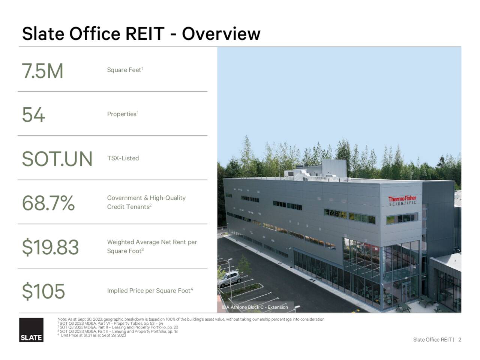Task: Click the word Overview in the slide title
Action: tap(221, 34)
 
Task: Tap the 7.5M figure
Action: tap(42, 71)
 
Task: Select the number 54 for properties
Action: tap(33, 115)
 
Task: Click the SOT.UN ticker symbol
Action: tap(57, 159)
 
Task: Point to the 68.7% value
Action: tap(48, 203)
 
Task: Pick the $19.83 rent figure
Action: tap(50, 247)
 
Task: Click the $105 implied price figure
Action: tap(43, 291)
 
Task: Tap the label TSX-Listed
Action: tap(123, 158)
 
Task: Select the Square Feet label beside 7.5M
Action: tap(124, 70)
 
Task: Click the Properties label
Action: tap(122, 114)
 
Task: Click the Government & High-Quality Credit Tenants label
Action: tap(146, 202)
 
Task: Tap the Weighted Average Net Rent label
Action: tap(152, 246)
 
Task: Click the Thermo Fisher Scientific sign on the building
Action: tap(402, 200)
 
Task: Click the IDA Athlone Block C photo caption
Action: tap(255, 307)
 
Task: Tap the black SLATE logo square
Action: tap(31, 330)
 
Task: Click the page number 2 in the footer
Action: tap(460, 340)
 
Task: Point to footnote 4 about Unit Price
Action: tap(92, 335)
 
